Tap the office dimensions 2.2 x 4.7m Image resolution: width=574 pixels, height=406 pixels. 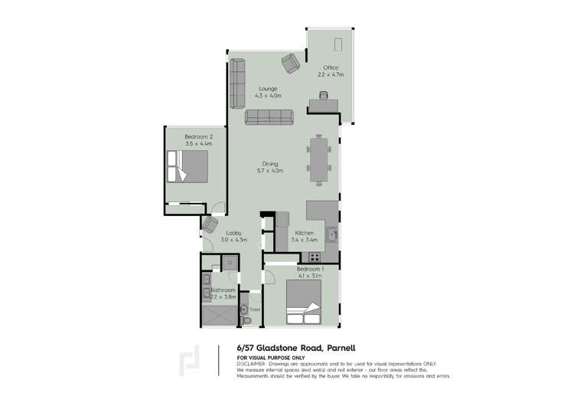click(x=331, y=75)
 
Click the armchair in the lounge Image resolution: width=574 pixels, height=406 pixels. click(x=291, y=63)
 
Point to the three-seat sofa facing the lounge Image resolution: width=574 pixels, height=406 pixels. click(x=269, y=117)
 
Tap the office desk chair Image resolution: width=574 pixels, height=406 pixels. click(x=325, y=95)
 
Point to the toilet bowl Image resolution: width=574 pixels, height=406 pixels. click(x=245, y=311)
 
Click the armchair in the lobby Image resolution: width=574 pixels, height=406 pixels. click(x=210, y=224)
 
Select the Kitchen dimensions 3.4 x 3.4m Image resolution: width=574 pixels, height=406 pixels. click(x=303, y=240)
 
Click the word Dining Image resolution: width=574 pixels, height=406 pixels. click(x=269, y=163)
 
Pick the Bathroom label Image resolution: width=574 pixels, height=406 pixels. click(x=223, y=290)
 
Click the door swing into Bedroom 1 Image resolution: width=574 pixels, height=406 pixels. click(x=273, y=273)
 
